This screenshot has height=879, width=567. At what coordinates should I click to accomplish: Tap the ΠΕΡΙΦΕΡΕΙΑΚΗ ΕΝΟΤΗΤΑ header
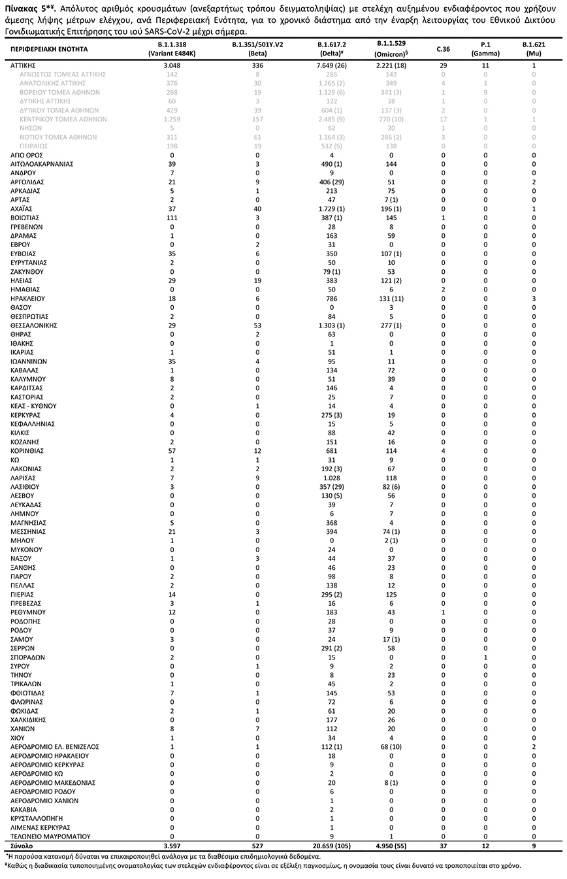[x=49, y=48]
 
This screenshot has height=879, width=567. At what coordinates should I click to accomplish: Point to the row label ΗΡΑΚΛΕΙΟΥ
[x=27, y=298]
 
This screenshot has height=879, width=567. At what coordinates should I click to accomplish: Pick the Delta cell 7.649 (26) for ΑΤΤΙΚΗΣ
[x=331, y=65]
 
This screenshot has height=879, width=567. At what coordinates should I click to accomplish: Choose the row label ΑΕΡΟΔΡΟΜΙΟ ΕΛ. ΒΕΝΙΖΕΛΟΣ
[x=54, y=746]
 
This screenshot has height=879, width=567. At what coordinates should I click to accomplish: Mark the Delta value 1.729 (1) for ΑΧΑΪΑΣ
[x=331, y=208]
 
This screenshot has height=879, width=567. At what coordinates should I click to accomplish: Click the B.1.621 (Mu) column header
[x=534, y=48]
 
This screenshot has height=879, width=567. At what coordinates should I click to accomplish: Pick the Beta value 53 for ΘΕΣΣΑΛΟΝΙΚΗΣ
[x=257, y=325]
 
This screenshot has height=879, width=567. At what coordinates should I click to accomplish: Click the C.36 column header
[x=444, y=48]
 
